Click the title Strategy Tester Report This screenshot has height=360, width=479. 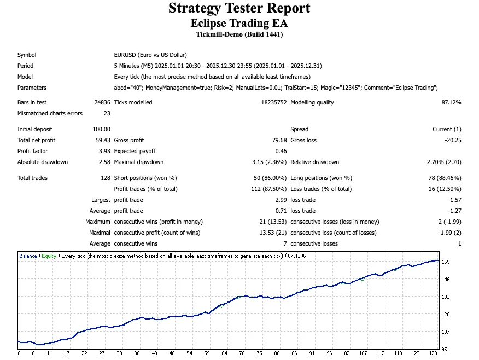[239, 9]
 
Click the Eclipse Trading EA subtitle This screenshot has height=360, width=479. [239, 23]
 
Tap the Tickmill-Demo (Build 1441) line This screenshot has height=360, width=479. [239, 34]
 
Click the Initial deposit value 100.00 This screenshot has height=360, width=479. [102, 129]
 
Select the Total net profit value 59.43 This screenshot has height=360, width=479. [103, 140]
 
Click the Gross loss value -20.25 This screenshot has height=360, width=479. [452, 140]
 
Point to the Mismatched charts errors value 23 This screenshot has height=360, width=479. [107, 113]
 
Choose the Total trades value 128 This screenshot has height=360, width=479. [106, 178]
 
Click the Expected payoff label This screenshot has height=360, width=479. [135, 151]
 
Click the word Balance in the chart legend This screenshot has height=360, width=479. [28, 256]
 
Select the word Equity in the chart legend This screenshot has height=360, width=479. [49, 256]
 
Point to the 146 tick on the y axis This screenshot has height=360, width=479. [446, 280]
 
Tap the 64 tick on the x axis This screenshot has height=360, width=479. [225, 353]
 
